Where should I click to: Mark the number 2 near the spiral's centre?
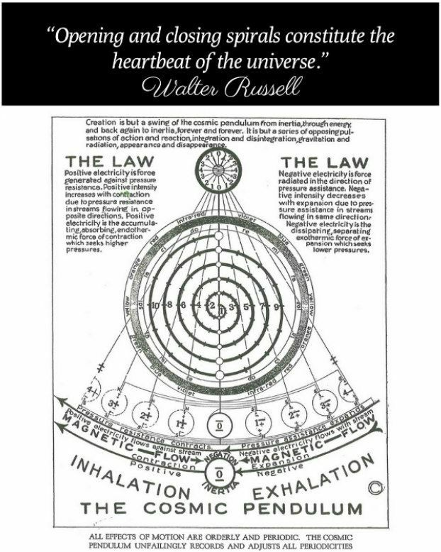point(210,307)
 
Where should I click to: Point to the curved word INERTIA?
point(220,489)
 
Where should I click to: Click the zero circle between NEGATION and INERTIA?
point(220,471)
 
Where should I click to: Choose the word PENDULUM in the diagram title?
point(301,508)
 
